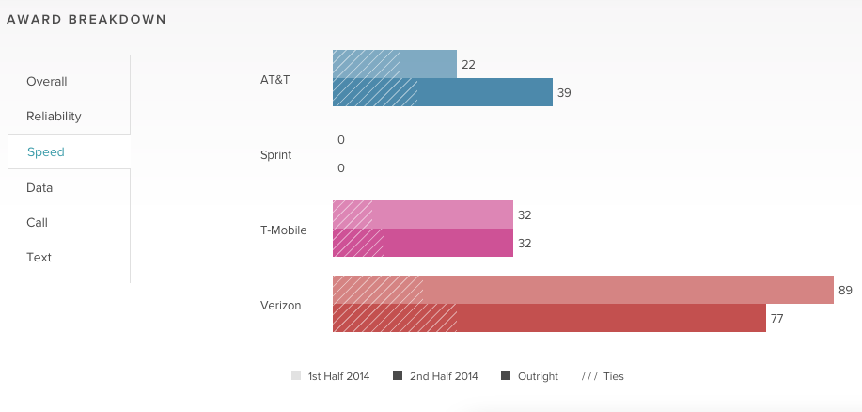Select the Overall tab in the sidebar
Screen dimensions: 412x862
coord(47,82)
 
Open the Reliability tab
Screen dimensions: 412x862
coord(54,117)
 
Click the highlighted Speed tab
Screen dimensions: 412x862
coord(46,151)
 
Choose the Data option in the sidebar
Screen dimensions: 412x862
coord(39,187)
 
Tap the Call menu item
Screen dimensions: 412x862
coord(37,222)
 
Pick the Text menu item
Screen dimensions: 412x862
coord(39,257)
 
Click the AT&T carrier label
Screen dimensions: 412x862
coord(274,79)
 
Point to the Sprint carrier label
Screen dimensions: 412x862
coord(275,154)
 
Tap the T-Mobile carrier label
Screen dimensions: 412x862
coord(283,230)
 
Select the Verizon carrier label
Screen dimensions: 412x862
coord(280,305)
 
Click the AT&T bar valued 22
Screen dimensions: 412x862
coord(395,64)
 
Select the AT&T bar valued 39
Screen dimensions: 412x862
coord(442,92)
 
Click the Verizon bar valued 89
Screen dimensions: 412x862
coord(583,290)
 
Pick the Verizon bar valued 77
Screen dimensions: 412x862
coord(549,318)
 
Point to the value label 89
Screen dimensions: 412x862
coord(845,290)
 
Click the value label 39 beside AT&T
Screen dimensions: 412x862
coord(564,93)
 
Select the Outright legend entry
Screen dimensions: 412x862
coord(530,376)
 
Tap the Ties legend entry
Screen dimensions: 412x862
coord(603,376)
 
